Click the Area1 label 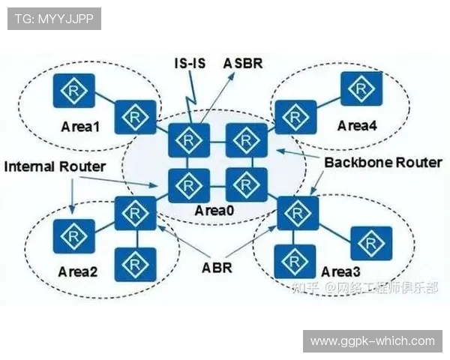[x=80, y=126]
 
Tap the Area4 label [x=356, y=126]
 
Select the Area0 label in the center [x=215, y=211]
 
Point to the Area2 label [x=78, y=271]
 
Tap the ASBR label [x=243, y=63]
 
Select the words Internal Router [x=55, y=166]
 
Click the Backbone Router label [x=383, y=162]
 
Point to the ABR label [x=217, y=267]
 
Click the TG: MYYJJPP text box [x=54, y=19]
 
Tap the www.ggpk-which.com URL [x=372, y=341]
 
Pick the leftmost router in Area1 [x=72, y=90]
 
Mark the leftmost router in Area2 [x=73, y=235]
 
